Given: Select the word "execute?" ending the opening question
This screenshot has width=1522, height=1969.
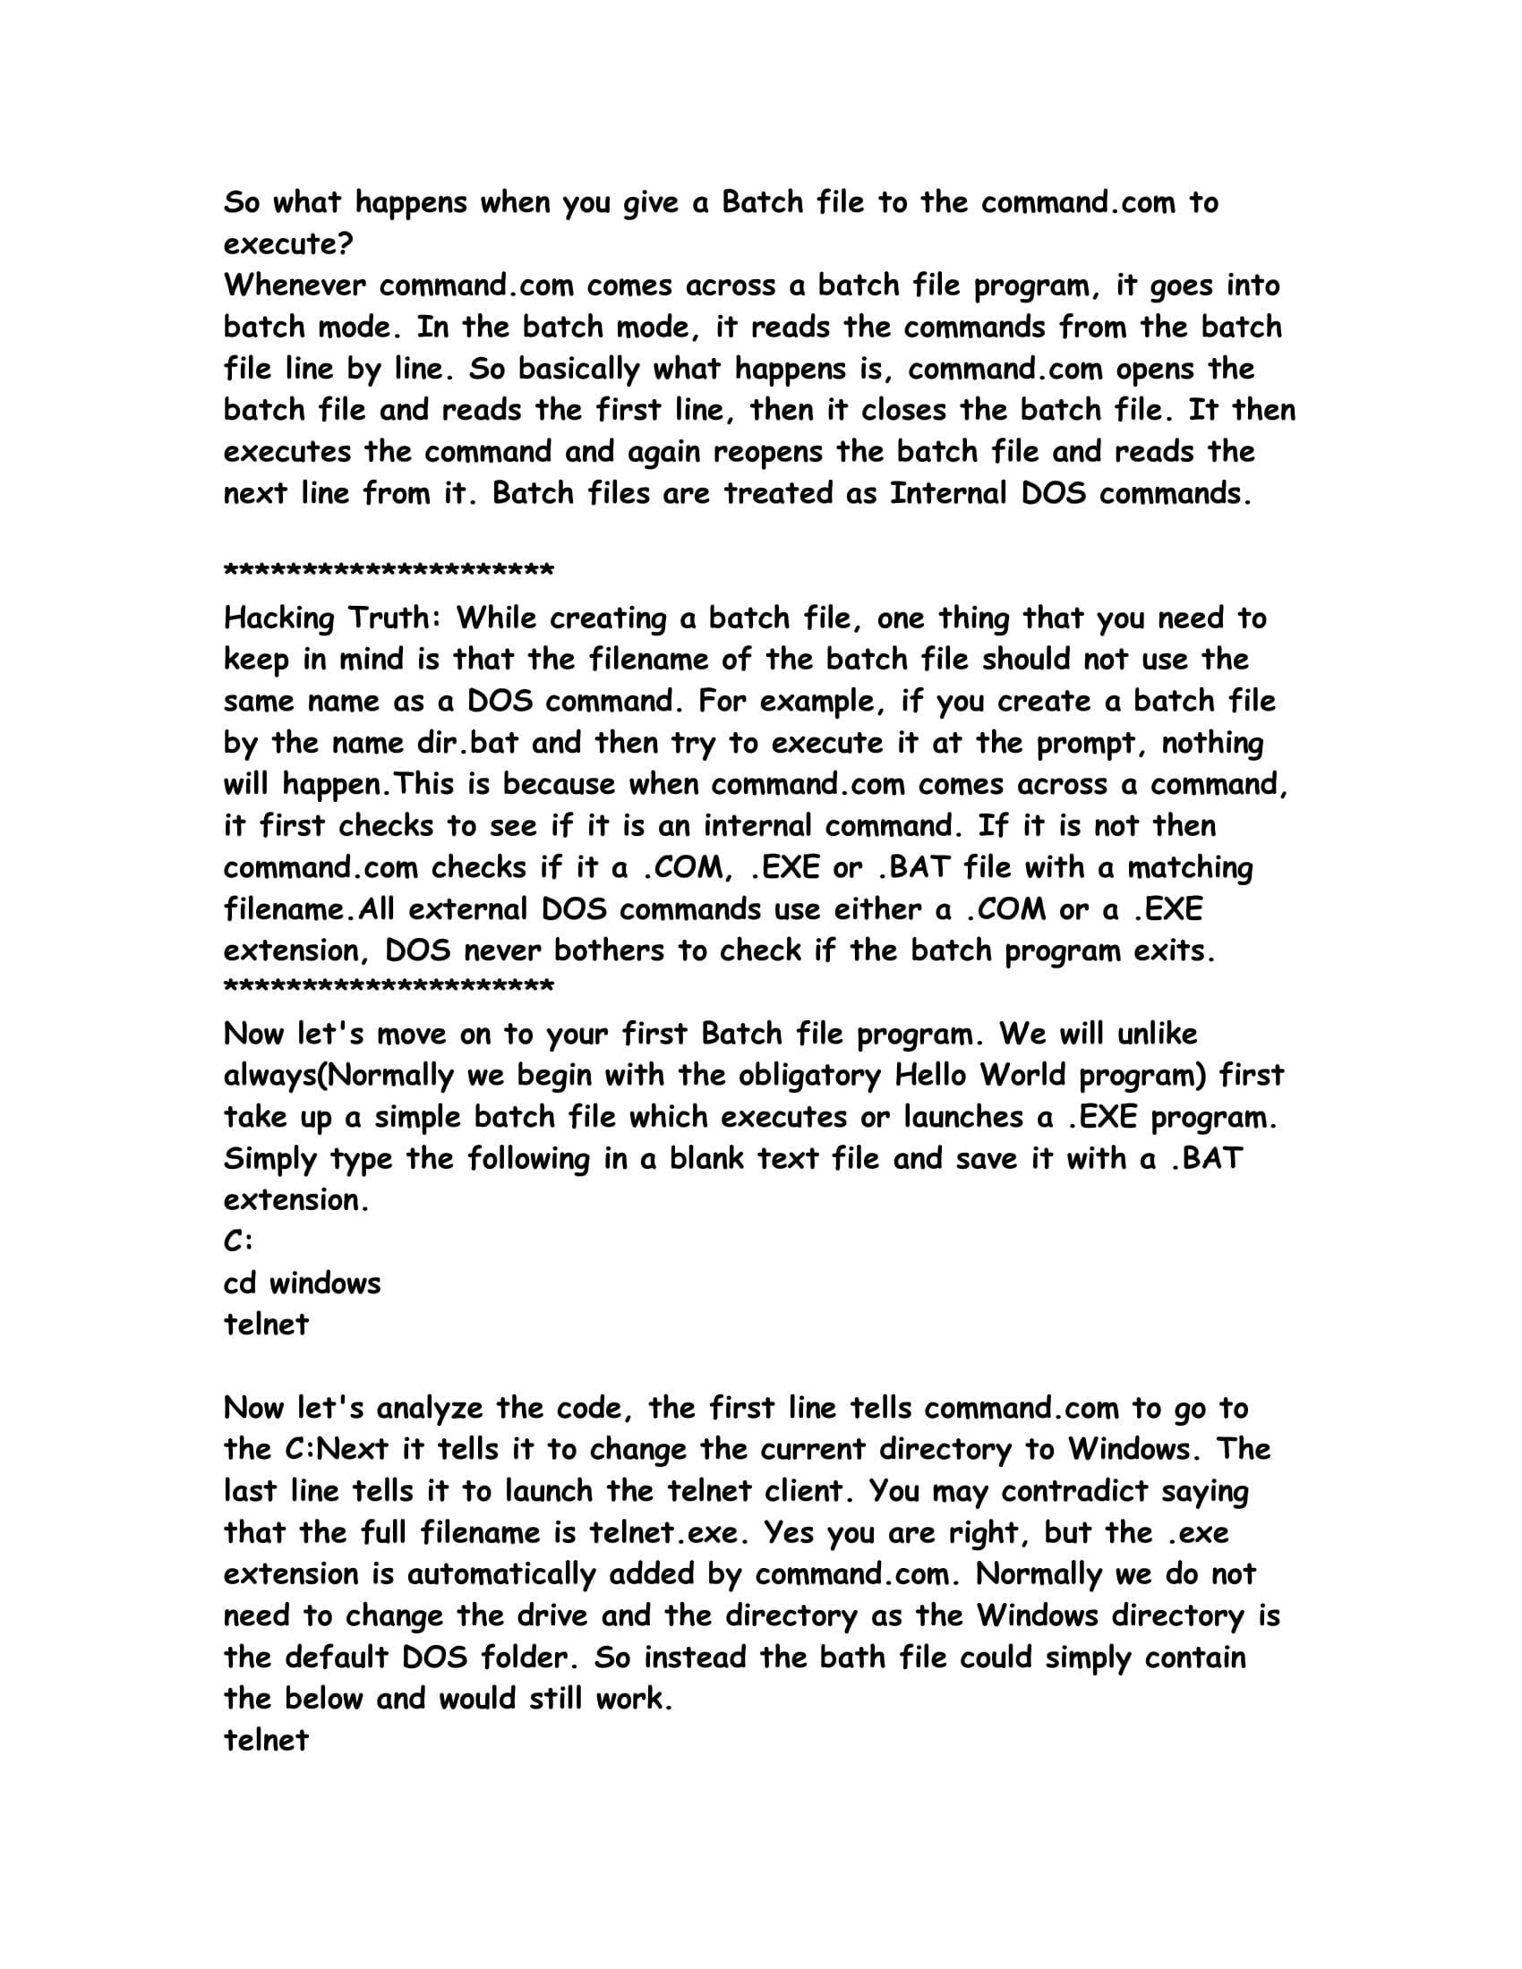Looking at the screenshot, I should pyautogui.click(x=288, y=244).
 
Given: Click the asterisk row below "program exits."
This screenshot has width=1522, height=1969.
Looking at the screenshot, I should pyautogui.click(x=389, y=987).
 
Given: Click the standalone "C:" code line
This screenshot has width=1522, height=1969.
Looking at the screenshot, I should pyautogui.click(x=238, y=1241).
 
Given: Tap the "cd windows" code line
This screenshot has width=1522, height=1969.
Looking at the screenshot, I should pyautogui.click(x=302, y=1283).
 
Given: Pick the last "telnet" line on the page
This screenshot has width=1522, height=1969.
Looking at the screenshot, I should pyautogui.click(x=266, y=1740).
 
